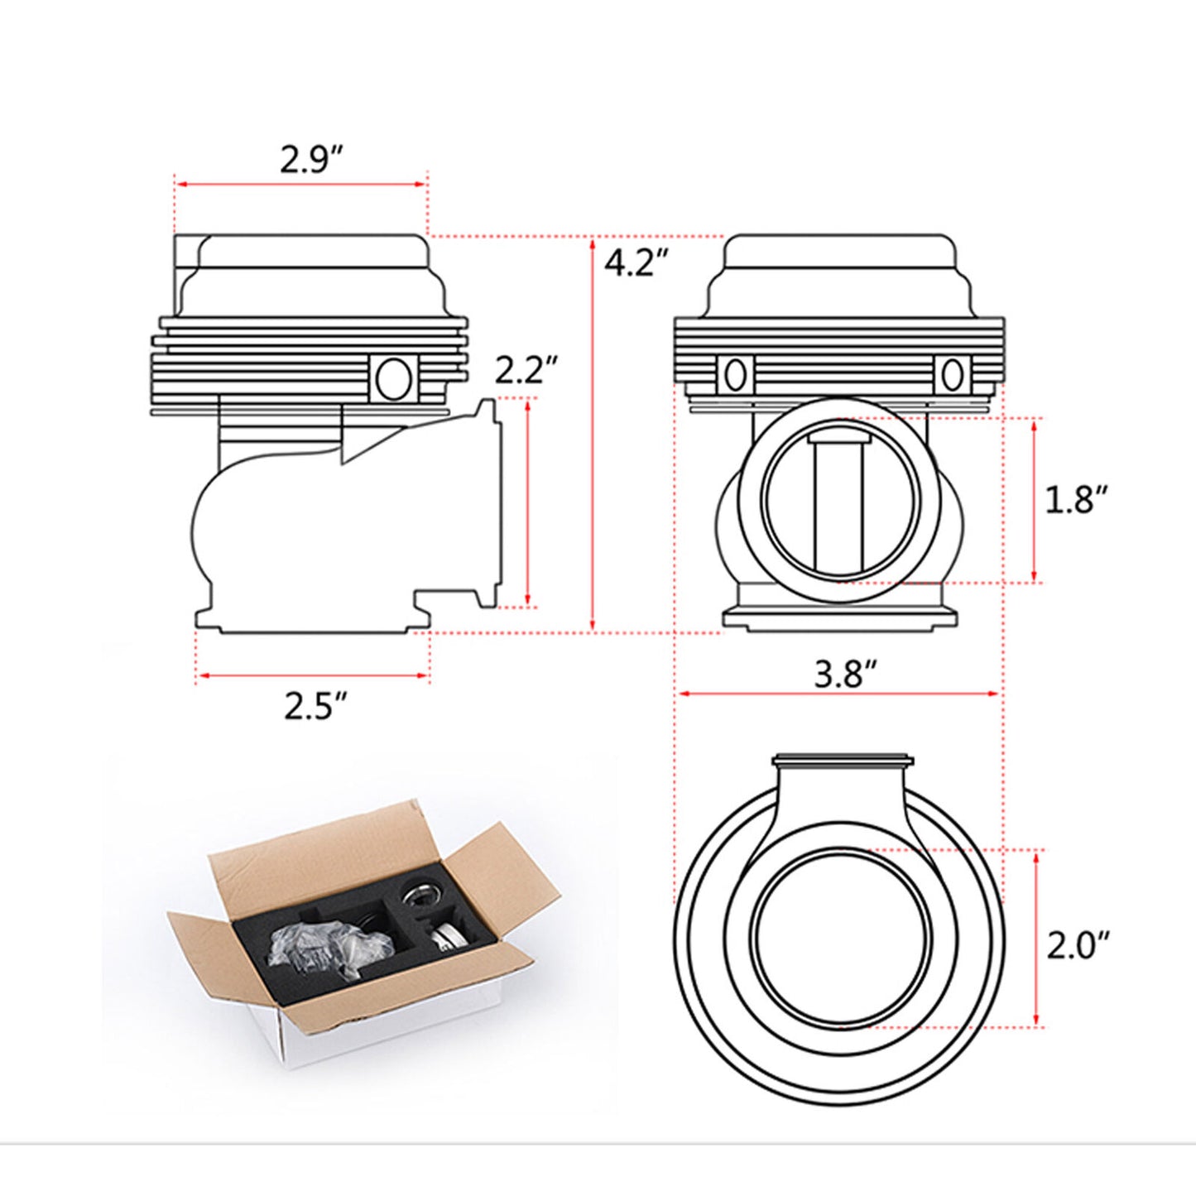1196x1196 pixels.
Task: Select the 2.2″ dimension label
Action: pyautogui.click(x=526, y=370)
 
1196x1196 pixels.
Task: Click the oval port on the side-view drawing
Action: pyautogui.click(x=392, y=378)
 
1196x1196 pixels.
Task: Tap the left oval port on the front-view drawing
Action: pyautogui.click(x=734, y=375)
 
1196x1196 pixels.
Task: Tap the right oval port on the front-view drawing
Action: pyautogui.click(x=951, y=375)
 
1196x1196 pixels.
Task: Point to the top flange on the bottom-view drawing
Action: pyautogui.click(x=841, y=760)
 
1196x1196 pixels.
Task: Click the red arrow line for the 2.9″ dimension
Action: pyautogui.click(x=300, y=185)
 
